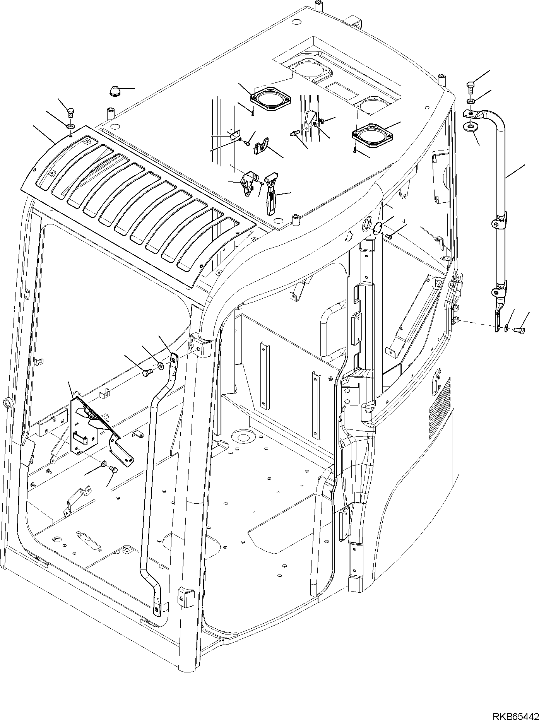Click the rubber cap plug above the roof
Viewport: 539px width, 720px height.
point(115,92)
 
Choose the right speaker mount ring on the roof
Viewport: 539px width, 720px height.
point(371,136)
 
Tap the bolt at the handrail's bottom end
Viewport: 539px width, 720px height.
point(518,330)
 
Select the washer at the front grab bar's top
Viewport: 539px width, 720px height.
point(161,365)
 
